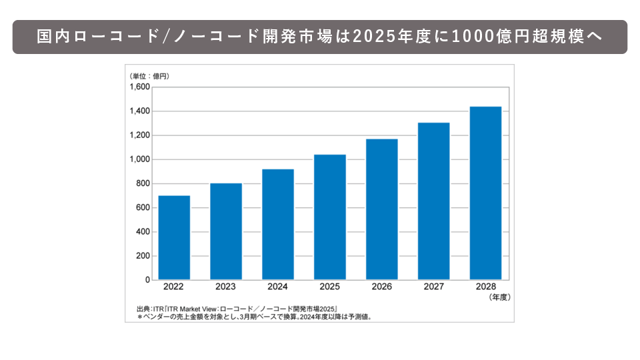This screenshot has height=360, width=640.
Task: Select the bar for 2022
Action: pos(174,237)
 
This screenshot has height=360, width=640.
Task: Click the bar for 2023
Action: pos(226,231)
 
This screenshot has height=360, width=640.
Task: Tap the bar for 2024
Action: pos(278,224)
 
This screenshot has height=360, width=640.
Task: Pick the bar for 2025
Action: pos(330,217)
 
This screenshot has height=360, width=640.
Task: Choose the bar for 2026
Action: pos(382,209)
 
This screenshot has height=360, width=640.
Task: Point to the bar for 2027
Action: pos(434,201)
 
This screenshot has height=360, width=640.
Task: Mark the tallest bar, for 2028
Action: pos(485,193)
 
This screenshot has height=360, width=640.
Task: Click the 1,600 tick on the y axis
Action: pos(140,87)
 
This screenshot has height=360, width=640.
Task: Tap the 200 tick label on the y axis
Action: pos(143,257)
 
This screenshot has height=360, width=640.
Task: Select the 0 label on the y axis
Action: pos(147,281)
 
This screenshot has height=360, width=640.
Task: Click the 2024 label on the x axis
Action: pos(278,288)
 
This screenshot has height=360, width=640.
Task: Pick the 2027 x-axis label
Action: pos(434,288)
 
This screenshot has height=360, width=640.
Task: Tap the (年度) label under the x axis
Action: pos(499,297)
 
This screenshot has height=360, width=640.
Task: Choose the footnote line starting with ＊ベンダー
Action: pos(254,317)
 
